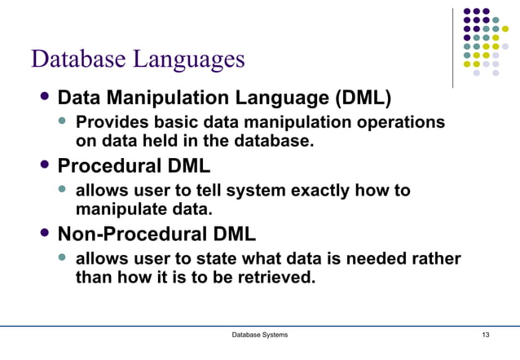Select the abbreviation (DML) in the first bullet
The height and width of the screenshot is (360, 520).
click(362, 99)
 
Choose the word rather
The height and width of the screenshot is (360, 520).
click(436, 259)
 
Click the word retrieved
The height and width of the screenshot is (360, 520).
click(269, 277)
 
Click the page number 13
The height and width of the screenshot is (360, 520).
click(486, 336)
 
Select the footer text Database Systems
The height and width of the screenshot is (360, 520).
click(259, 336)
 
